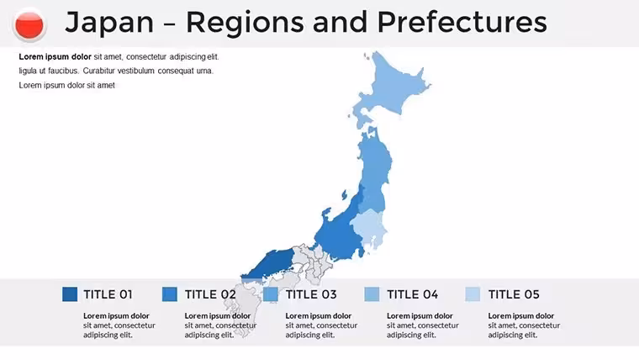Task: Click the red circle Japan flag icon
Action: click(29, 25)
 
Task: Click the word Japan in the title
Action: click(109, 24)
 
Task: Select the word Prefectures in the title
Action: click(462, 22)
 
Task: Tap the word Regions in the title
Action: click(245, 24)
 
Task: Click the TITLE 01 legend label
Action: click(108, 294)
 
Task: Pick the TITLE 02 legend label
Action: click(210, 294)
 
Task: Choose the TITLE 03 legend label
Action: click(311, 294)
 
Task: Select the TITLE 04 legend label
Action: click(413, 294)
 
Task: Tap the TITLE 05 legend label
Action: click(514, 294)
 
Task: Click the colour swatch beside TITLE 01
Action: click(70, 294)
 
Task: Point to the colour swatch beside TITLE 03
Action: click(271, 294)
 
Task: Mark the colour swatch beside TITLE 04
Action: click(372, 294)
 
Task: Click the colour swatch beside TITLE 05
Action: click(473, 294)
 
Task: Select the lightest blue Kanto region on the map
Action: click(369, 228)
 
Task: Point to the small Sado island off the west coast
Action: click(344, 195)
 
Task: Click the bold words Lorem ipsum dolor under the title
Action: click(55, 57)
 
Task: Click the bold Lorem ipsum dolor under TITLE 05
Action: click(520, 316)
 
